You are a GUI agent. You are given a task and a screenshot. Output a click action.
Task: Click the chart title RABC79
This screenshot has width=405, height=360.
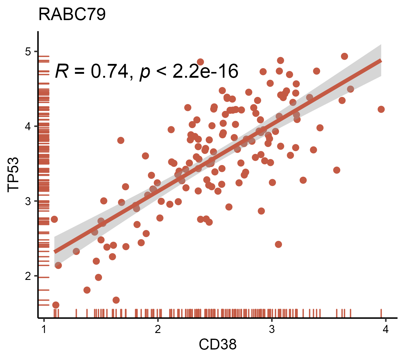pos(72,14)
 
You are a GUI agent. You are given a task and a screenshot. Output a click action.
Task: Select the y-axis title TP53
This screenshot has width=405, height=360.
pos(14,174)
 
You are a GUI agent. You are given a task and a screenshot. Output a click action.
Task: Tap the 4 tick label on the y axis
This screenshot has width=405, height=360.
pos(28,127)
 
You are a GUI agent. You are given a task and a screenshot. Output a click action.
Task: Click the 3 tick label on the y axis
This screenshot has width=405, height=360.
pos(28,201)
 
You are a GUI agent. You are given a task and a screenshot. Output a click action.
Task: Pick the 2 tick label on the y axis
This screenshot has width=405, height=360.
pos(28,276)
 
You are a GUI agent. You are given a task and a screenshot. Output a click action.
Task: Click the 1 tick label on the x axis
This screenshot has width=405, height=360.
pos(44,329)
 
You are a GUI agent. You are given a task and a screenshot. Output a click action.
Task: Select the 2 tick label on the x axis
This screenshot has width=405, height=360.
pos(158,329)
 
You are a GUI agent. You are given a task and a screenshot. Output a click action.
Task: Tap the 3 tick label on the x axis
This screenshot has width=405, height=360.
pos(271,329)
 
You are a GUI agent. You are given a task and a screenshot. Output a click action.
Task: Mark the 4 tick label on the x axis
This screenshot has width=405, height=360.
pos(385,329)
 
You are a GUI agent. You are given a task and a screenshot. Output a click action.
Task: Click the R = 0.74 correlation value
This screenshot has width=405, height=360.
pos(91,72)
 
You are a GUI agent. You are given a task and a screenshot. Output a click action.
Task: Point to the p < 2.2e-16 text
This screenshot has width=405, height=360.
pos(189,72)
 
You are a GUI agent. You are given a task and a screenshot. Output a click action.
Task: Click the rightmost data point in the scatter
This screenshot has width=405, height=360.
pos(381,109)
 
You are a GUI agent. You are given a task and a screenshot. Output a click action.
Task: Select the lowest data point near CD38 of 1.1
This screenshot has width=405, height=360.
pos(55,305)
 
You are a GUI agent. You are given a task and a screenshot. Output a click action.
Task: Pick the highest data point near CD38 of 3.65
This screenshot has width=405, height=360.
pos(344,56)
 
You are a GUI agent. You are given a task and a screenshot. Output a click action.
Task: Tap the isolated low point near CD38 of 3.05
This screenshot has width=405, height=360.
pos(278,244)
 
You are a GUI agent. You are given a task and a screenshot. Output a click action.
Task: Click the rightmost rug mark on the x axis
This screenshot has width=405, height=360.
pos(381,313)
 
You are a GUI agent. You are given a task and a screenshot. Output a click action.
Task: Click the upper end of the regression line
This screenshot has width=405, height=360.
pos(380,61)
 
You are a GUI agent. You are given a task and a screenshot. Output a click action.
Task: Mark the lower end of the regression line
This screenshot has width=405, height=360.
pos(55,251)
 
